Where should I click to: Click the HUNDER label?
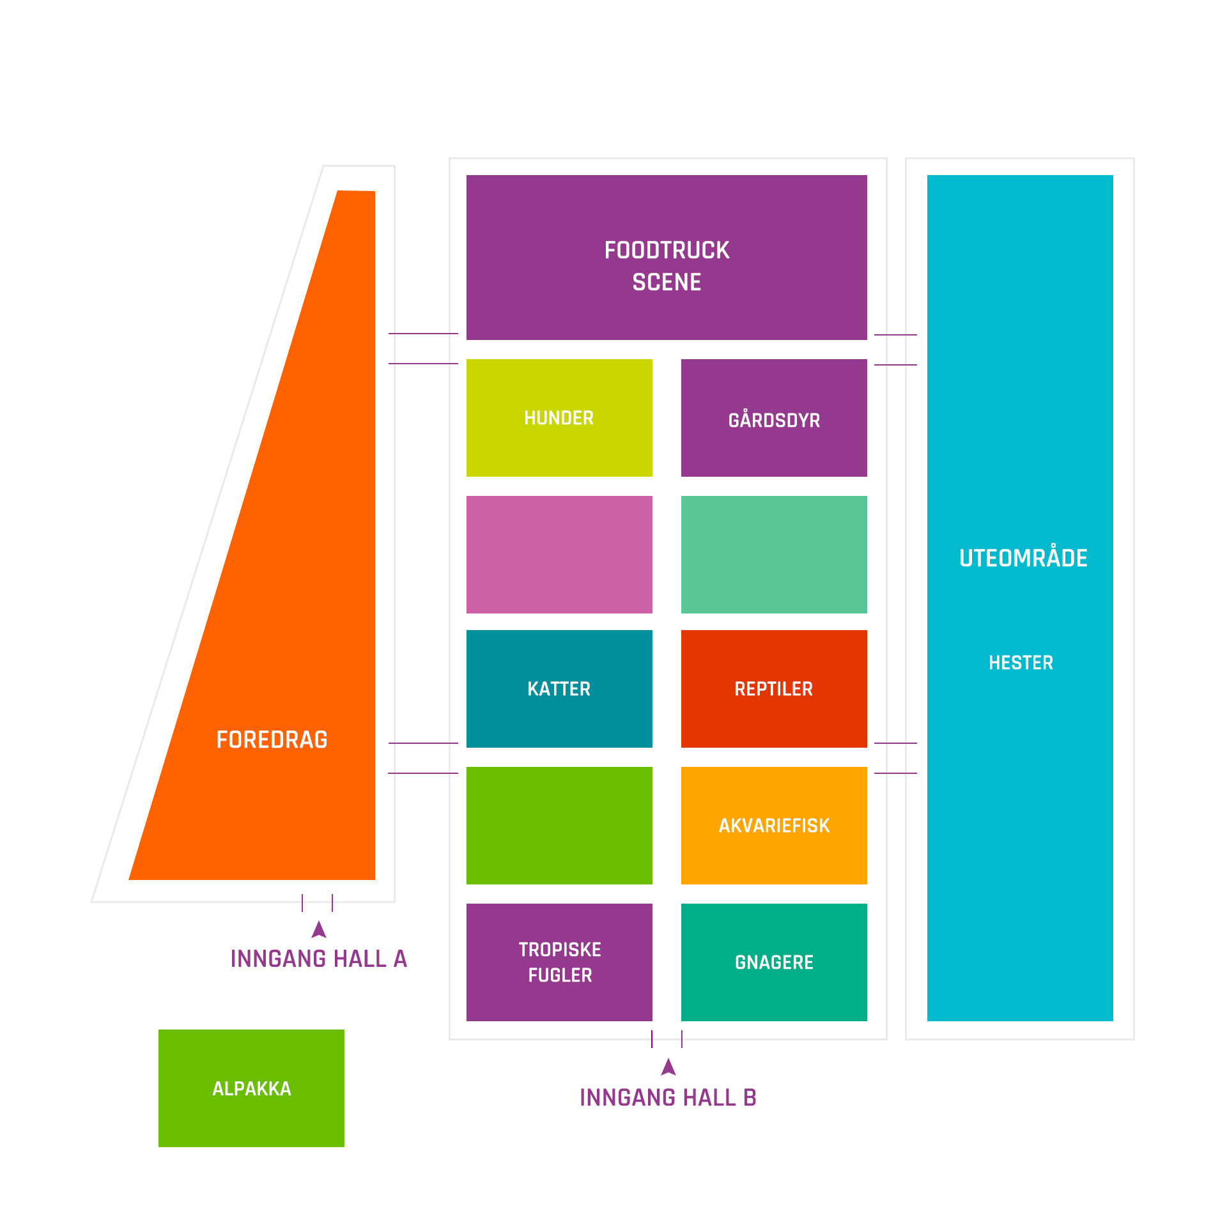559,418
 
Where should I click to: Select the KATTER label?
559,689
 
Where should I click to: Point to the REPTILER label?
774,689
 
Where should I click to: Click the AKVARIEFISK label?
774,826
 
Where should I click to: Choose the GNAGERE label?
774,962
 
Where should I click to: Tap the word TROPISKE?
560,950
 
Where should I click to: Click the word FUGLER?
560,975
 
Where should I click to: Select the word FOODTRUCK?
667,250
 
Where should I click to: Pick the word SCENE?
667,282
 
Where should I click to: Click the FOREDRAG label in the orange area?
272,739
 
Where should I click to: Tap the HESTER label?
1021,663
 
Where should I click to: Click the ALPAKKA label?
252,1088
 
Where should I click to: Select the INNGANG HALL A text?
319,959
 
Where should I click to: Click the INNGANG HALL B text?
668,1097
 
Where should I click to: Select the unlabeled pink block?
559,555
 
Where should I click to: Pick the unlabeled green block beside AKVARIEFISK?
559,826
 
